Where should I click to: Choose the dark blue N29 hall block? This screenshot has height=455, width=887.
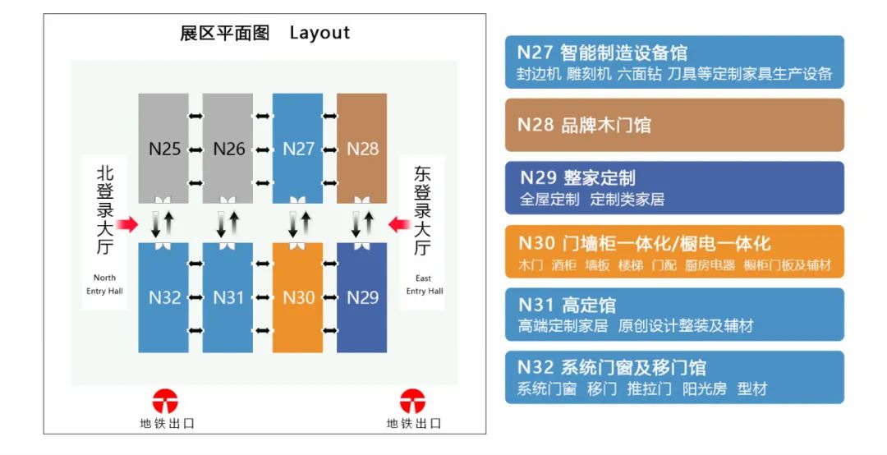362,297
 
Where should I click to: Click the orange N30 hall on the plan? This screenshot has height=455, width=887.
298,297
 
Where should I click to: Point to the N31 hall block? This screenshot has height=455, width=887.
228,297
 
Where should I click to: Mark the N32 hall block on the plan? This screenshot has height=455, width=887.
163,297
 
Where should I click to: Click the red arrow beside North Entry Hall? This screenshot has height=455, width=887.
127,224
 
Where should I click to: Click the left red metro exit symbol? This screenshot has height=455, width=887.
166,402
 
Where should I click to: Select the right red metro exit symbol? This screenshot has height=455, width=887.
413,402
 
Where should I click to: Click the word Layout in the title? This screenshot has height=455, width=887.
319,33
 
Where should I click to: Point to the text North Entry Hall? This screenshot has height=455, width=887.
104,284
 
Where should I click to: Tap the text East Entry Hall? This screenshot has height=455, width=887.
424,284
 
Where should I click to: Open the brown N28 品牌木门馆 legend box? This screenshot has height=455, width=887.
674,126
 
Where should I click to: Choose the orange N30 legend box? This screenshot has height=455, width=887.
674,252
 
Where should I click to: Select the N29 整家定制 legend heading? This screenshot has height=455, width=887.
577,177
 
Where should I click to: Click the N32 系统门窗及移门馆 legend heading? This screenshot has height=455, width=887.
611,367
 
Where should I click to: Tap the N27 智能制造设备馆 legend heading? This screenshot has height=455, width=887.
602,53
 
